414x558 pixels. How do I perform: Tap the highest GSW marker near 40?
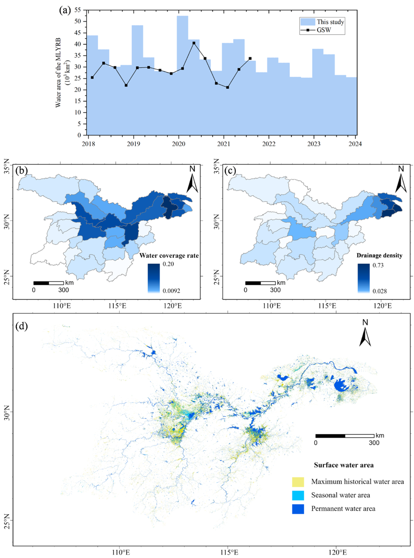tap(194, 43)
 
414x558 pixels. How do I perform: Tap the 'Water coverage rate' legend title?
tap(169, 255)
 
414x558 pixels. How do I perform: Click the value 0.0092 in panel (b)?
tap(171, 291)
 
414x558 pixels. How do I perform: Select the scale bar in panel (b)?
tap(48, 283)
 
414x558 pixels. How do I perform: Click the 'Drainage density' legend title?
tap(379, 255)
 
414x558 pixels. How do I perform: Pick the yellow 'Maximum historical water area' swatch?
tap(298, 482)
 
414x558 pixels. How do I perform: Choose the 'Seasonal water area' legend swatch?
tap(298, 495)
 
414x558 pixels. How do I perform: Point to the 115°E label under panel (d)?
tap(228, 552)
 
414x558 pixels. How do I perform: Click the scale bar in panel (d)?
tap(345, 436)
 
